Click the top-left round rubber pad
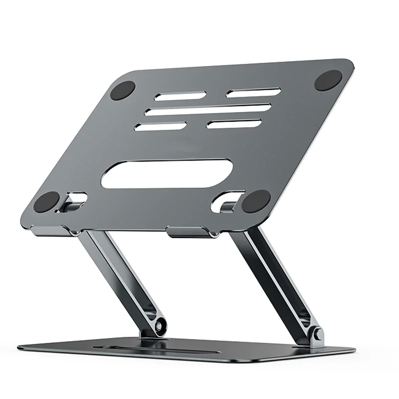click(122, 91)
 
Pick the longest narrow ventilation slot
click(208, 109)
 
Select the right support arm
click(277, 279)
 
